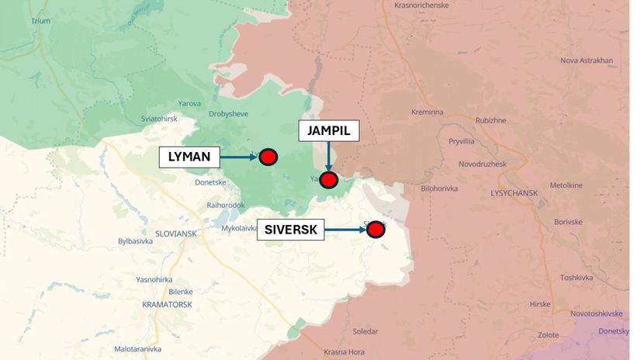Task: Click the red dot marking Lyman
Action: pos(268,157)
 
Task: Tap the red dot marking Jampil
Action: pos(329,181)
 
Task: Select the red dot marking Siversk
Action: pos(376,229)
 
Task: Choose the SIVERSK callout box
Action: pos(291,230)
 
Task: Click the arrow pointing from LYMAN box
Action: pos(239,157)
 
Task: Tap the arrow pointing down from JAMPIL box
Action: pos(329,157)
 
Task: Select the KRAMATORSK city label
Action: pos(167,305)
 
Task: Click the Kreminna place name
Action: pos(427,112)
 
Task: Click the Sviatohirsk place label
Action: pos(140,119)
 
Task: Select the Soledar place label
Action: pos(365,331)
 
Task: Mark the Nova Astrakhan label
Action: pos(586,61)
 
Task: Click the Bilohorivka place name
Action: pos(439,189)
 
